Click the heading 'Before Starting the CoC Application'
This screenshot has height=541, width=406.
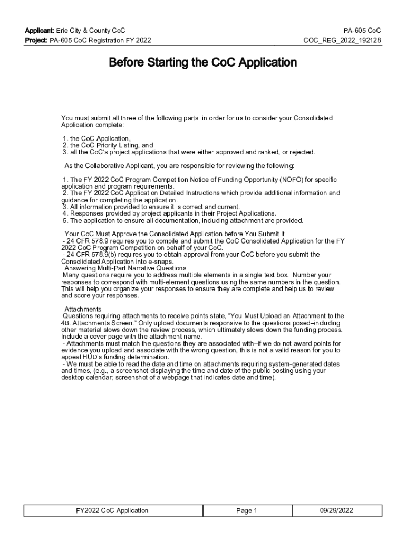(202, 63)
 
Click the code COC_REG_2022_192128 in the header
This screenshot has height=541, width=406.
(342, 40)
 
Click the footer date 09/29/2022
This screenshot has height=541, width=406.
(336, 510)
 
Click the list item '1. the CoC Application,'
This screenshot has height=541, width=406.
(96, 138)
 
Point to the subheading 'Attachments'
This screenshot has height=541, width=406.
(83, 309)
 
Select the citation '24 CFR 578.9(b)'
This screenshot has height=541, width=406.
(90, 254)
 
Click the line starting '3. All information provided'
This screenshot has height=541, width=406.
(151, 207)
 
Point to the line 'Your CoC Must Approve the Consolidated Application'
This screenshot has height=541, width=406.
(175, 234)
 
